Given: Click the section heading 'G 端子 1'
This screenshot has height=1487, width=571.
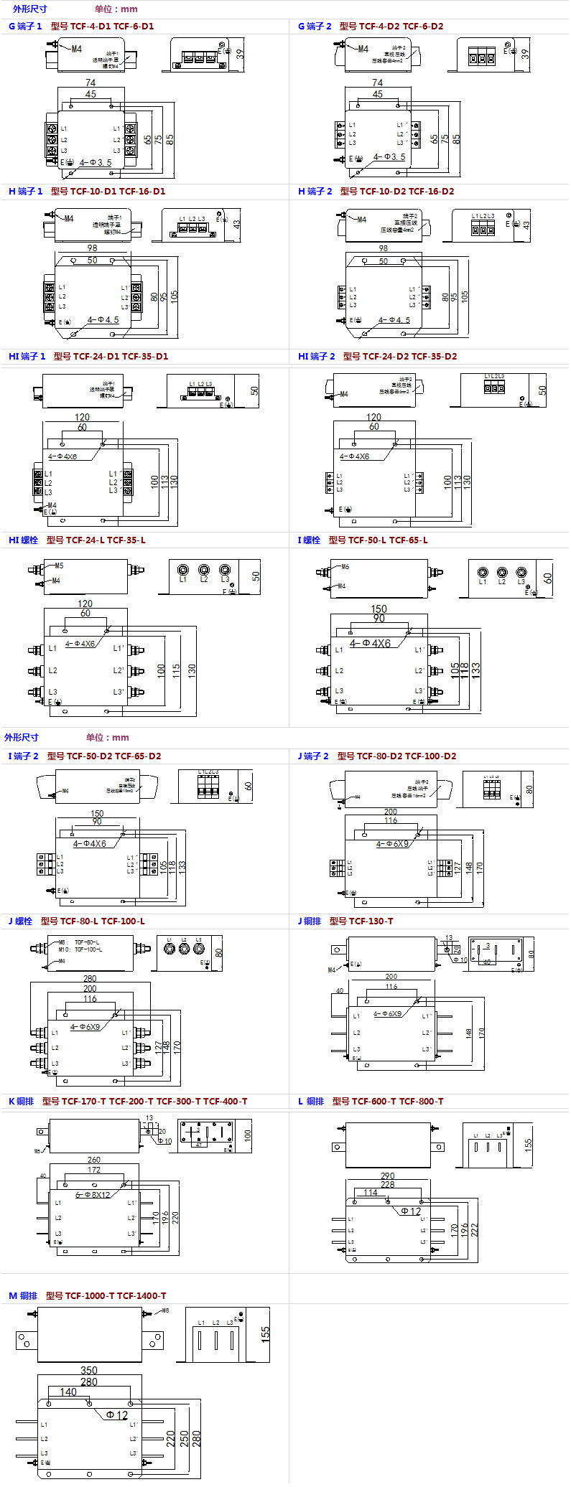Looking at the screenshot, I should point(25,27).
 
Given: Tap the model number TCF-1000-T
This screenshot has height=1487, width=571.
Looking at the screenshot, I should point(90,1296).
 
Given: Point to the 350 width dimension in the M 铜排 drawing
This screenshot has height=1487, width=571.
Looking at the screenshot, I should point(89,1370).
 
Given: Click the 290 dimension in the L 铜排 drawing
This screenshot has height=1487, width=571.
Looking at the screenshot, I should point(388,1176).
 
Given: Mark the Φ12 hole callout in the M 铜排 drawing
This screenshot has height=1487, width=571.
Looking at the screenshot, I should point(117,1415).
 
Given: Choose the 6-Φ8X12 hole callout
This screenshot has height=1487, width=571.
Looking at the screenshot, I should point(93,1195).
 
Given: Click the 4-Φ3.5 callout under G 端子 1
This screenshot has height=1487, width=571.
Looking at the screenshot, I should point(96,163).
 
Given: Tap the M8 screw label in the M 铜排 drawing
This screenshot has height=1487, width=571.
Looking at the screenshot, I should point(164,1310).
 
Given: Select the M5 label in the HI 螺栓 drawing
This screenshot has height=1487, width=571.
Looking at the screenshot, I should point(59,566).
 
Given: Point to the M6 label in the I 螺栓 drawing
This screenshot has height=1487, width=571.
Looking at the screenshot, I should point(345,567).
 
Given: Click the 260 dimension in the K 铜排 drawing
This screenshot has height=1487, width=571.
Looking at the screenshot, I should point(94,1160).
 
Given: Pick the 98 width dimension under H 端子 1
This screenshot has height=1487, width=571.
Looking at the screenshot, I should point(92,248).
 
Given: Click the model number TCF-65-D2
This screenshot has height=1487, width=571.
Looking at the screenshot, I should point(138,756).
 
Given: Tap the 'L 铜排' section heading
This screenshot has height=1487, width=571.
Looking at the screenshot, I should point(311,1102).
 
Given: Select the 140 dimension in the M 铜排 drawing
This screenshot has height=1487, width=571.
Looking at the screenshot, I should point(68,1392).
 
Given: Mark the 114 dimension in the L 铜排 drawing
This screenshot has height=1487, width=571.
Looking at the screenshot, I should point(371,1193).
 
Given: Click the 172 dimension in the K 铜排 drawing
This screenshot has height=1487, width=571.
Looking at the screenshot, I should point(94,1170).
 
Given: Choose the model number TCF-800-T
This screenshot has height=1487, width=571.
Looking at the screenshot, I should point(421,1102).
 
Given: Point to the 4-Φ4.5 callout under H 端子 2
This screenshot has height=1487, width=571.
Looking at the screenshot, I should point(394,320).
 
